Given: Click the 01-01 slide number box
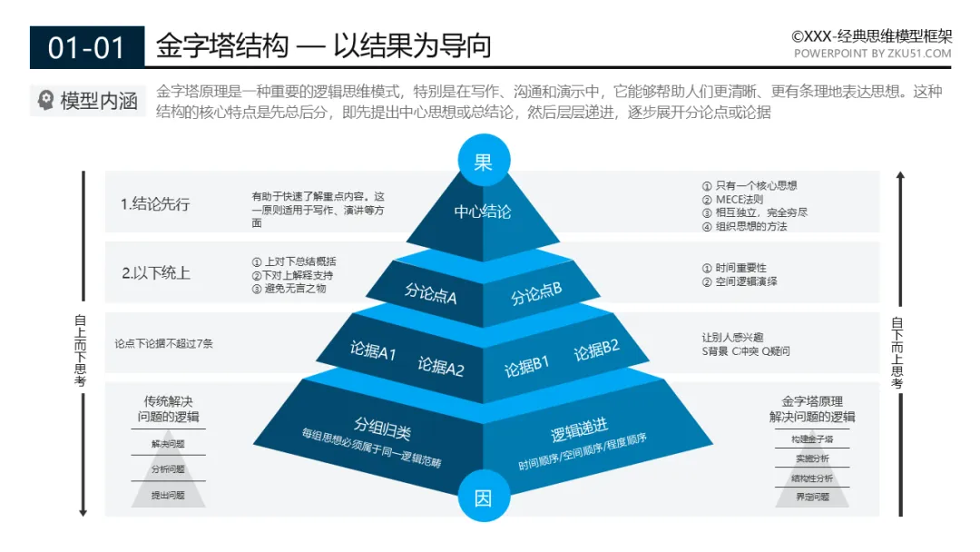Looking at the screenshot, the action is pyautogui.click(x=87, y=47).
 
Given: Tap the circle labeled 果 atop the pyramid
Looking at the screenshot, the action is pyautogui.click(x=483, y=162).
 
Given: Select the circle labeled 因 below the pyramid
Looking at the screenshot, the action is pyautogui.click(x=483, y=498).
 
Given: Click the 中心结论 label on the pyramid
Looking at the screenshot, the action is pyautogui.click(x=483, y=212).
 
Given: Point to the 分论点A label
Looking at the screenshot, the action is pyautogui.click(x=431, y=294).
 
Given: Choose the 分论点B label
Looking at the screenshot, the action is pyautogui.click(x=536, y=293).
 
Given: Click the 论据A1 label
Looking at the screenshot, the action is pyautogui.click(x=373, y=350).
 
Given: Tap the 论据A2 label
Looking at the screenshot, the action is pyautogui.click(x=441, y=366).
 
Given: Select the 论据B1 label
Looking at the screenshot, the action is pyautogui.click(x=527, y=367).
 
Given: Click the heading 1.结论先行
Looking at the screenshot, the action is pyautogui.click(x=155, y=204).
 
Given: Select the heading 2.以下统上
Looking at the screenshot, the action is pyautogui.click(x=156, y=272).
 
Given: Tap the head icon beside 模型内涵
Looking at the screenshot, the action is pyautogui.click(x=45, y=101).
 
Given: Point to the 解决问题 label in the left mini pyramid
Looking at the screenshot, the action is pyautogui.click(x=168, y=444).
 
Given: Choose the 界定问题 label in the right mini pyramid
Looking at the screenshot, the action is pyautogui.click(x=812, y=497).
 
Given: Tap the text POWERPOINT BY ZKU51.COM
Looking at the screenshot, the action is pyautogui.click(x=873, y=54).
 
